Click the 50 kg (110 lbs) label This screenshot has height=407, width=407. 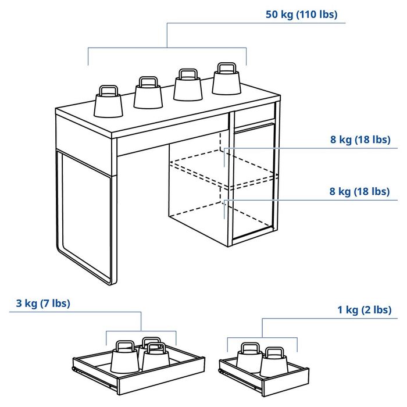tap(301, 15)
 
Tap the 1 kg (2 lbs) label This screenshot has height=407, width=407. tap(364, 310)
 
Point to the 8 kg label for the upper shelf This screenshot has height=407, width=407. tap(360, 140)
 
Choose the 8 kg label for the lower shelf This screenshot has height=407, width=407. tap(360, 191)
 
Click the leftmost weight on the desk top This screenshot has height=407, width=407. tap(109, 105)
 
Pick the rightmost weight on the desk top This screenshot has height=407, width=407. tap(226, 81)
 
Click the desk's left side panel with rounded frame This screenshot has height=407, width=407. tap(84, 215)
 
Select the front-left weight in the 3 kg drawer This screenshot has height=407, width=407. tap(124, 359)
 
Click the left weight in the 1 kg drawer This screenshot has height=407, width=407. tap(249, 358)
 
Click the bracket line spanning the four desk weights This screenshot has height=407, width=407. tap(167, 48)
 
